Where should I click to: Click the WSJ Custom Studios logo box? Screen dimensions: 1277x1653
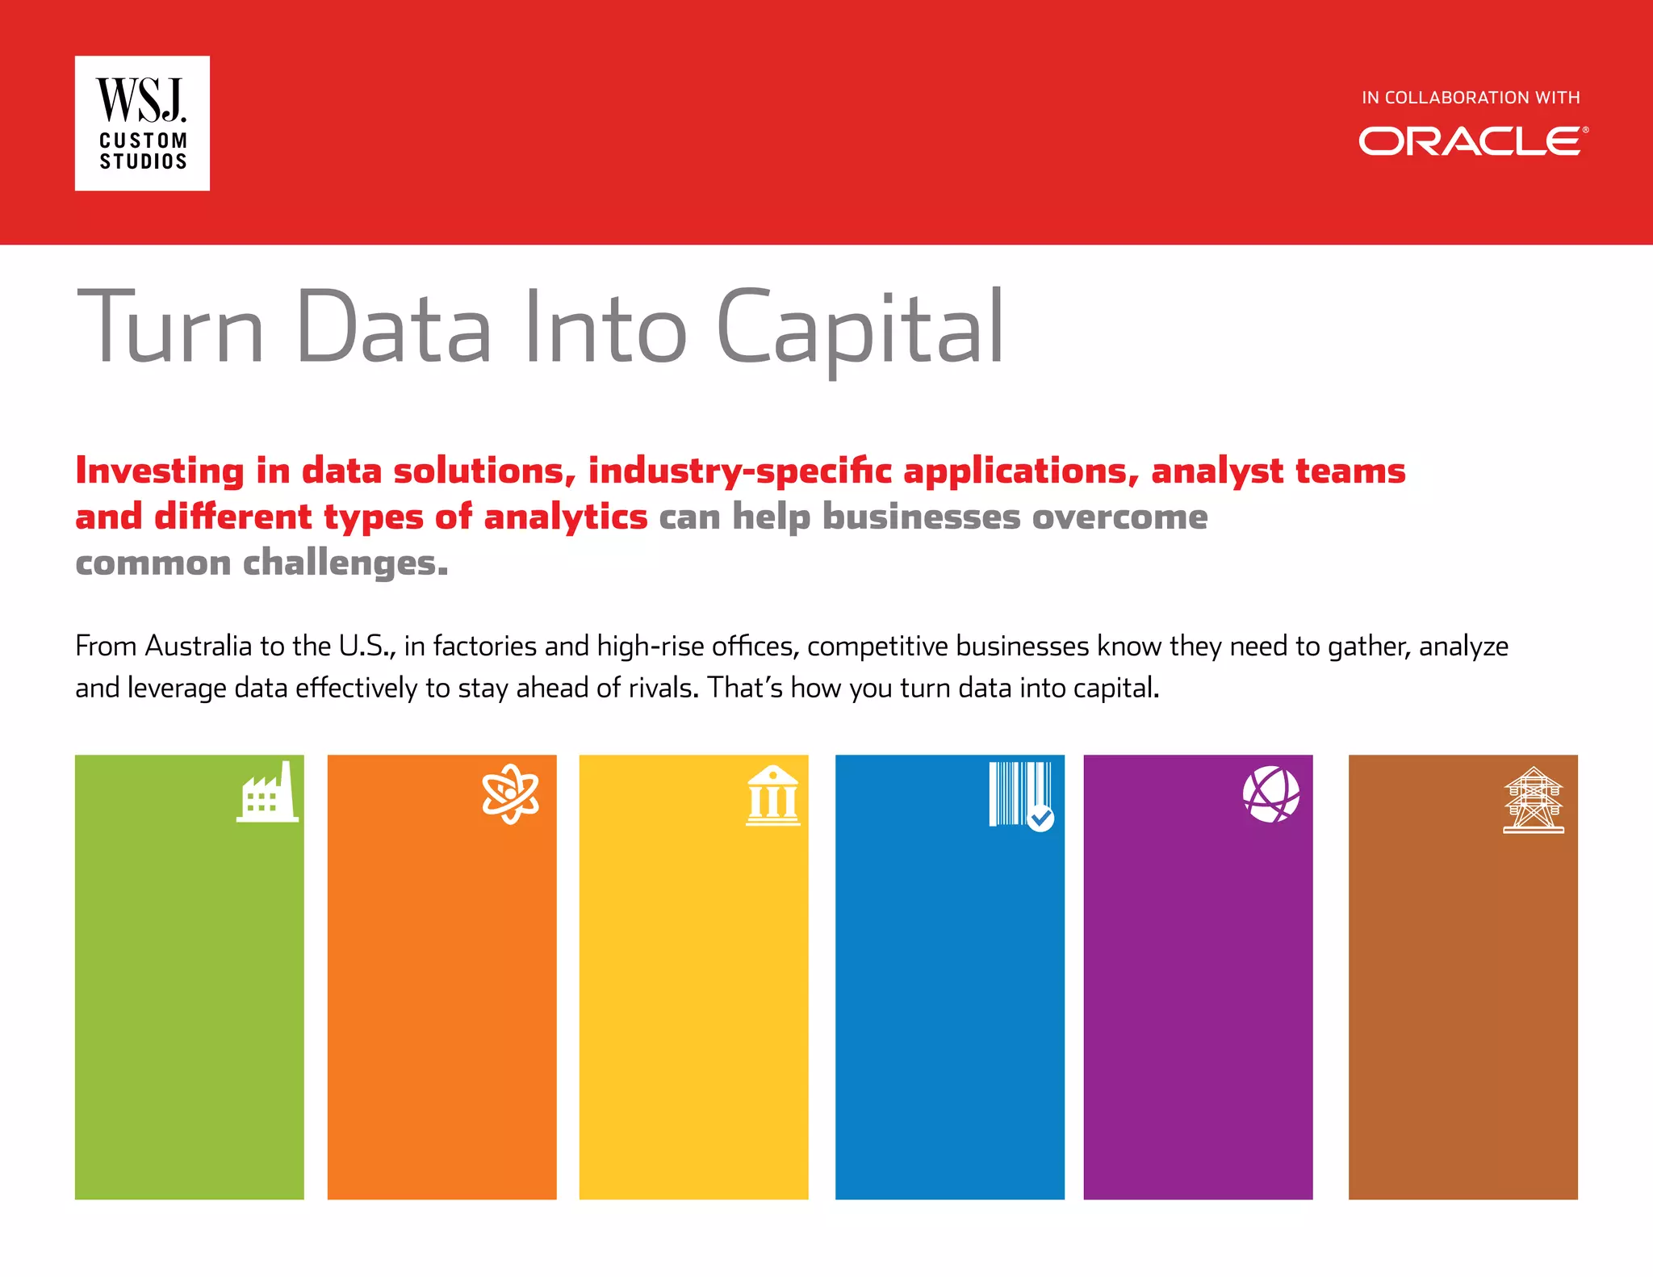pyautogui.click(x=142, y=123)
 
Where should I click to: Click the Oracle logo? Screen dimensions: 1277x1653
pyautogui.click(x=1472, y=141)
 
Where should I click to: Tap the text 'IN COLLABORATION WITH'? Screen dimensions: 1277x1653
pyautogui.click(x=1471, y=98)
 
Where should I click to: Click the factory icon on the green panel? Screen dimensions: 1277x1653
pyautogui.click(x=267, y=793)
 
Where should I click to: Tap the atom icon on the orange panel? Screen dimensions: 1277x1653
pyautogui.click(x=510, y=794)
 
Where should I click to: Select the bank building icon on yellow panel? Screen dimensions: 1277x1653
pyautogui.click(x=772, y=796)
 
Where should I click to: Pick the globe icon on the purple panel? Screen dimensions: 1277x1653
pyautogui.click(x=1270, y=794)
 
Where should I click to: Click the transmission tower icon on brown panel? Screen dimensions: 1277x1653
pyautogui.click(x=1533, y=800)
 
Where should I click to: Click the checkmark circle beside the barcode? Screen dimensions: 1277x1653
pyautogui.click(x=1040, y=819)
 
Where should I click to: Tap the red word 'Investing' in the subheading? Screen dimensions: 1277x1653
pyautogui.click(x=160, y=471)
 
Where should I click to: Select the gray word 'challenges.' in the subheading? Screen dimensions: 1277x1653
pyautogui.click(x=345, y=563)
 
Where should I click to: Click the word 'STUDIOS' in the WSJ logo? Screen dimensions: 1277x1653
pyautogui.click(x=143, y=161)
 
